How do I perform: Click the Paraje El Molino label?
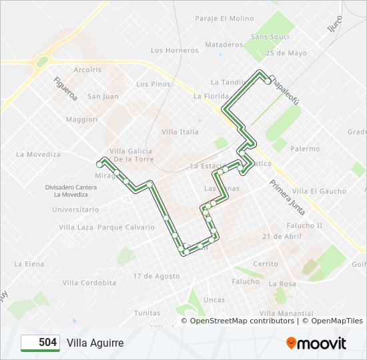coord(224,19)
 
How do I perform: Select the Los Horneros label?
coord(175,50)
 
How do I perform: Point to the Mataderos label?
coord(224,45)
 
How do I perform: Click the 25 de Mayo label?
coord(286,53)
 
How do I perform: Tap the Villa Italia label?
coord(180,132)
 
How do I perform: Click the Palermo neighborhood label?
coord(305,149)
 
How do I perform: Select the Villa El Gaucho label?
coord(319,191)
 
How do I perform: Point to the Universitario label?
coord(75,209)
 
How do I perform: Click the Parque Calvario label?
coord(126,227)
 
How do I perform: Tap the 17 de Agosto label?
coord(156,276)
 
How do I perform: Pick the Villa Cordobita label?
coord(89,283)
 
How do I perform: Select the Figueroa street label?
coord(66,88)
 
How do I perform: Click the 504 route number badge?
coord(41,343)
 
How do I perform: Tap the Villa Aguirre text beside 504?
coord(95,343)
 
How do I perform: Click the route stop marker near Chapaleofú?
coord(268,81)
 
